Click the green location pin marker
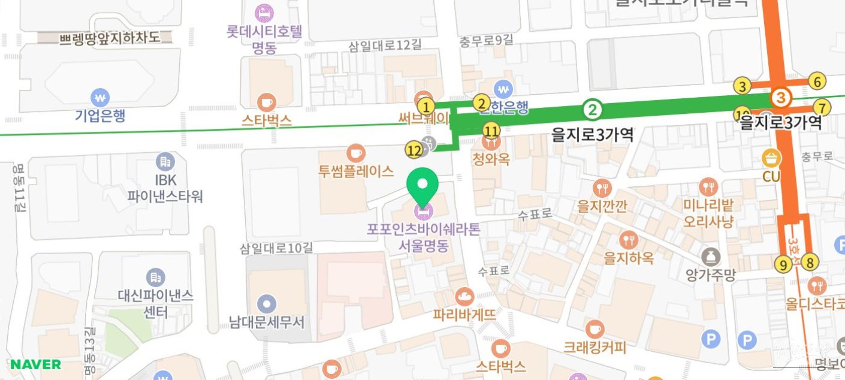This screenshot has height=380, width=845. (423, 186)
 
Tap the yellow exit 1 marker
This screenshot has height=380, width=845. (425, 107)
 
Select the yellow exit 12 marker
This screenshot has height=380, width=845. (414, 150)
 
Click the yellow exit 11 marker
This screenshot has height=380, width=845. (491, 130)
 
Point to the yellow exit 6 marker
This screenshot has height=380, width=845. (816, 81)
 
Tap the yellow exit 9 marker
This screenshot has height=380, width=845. (783, 264)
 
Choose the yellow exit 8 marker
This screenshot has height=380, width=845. (810, 262)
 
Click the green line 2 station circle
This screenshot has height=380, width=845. (592, 109)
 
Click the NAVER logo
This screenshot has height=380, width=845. (35, 364)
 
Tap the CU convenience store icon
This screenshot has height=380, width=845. (771, 158)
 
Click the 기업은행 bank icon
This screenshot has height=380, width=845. (100, 96)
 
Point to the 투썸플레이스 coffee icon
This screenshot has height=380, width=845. (356, 153)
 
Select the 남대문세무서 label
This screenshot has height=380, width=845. (267, 322)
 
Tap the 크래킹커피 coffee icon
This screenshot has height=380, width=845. (594, 328)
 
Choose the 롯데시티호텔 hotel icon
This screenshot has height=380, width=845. (264, 12)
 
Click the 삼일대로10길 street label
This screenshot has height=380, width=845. (276, 248)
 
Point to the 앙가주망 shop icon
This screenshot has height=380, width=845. (711, 257)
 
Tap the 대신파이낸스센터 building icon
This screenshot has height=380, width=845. (156, 278)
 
